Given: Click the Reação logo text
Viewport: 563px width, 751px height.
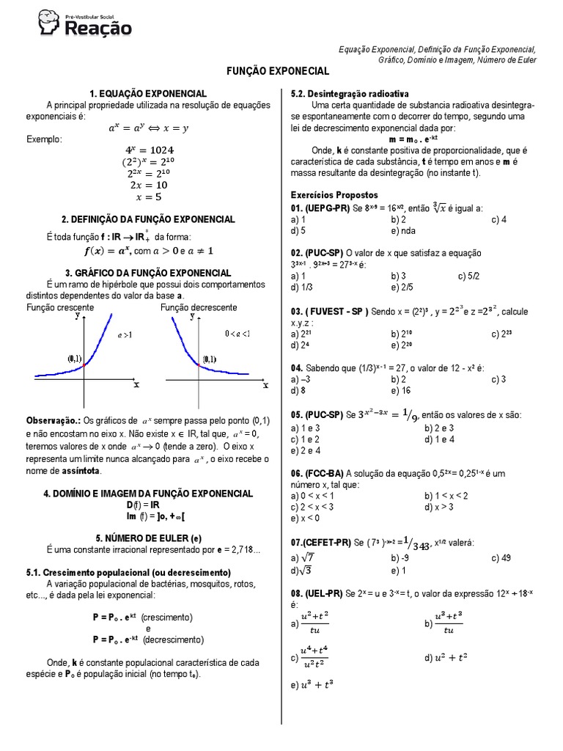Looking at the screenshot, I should [99, 29].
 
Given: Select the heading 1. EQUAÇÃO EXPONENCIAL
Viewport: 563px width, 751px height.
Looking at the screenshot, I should [148, 94].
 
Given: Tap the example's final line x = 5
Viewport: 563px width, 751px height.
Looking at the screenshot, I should [148, 197].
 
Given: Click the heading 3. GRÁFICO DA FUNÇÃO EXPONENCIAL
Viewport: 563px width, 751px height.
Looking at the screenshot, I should [148, 273].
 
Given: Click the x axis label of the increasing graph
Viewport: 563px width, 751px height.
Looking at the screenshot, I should [136, 384].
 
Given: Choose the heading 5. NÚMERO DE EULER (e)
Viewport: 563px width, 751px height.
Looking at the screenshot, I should [148, 537].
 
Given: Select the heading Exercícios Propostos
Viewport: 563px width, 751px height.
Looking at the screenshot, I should [334, 196].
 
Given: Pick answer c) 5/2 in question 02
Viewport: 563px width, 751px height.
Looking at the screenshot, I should [469, 276].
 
